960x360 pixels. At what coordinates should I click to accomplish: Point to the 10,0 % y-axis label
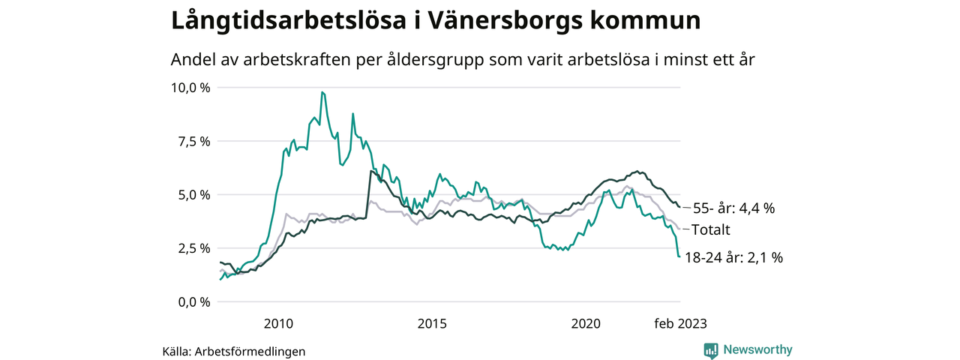coord(191,88)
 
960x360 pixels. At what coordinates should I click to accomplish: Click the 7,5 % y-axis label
coord(194,141)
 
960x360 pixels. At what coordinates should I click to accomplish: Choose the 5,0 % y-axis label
coord(194,195)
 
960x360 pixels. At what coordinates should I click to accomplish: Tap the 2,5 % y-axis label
coord(194,248)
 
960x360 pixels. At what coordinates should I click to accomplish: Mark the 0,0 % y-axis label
coord(194,302)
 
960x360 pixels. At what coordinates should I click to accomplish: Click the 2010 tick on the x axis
coord(277,324)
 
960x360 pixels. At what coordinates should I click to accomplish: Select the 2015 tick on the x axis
coord(432,324)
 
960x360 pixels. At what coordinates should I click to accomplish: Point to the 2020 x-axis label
coord(586,324)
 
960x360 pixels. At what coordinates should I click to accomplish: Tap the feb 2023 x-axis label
coord(679,324)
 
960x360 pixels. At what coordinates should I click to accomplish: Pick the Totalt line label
coord(710,230)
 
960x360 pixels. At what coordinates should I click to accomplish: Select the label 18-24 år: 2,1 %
coord(733,258)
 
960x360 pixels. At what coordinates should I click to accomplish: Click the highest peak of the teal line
coord(322,92)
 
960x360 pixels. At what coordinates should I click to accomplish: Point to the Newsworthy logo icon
coord(711,349)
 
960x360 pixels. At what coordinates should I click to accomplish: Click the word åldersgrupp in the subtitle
coord(436,60)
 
